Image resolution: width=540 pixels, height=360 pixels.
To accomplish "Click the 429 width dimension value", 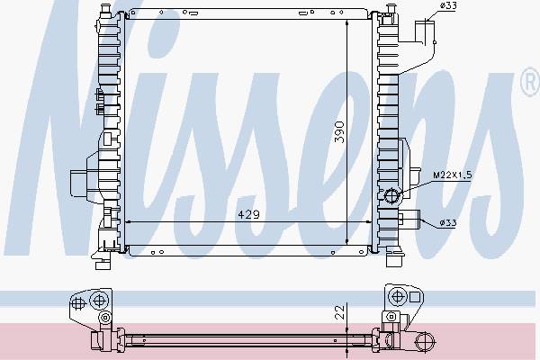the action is (248, 214).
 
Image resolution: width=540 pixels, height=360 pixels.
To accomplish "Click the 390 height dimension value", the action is (339, 131).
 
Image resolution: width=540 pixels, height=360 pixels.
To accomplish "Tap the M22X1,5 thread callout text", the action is (452, 175).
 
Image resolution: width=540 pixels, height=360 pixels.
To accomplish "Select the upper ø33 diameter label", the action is (448, 6).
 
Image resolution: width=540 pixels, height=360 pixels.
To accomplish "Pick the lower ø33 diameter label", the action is (448, 223).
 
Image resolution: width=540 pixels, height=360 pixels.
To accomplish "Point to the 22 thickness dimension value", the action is (340, 311).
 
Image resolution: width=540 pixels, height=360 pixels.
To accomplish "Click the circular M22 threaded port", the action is (391, 196).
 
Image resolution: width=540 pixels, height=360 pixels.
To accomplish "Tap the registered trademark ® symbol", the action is (530, 82).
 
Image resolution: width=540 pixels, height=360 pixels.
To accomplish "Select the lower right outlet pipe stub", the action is (409, 220).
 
